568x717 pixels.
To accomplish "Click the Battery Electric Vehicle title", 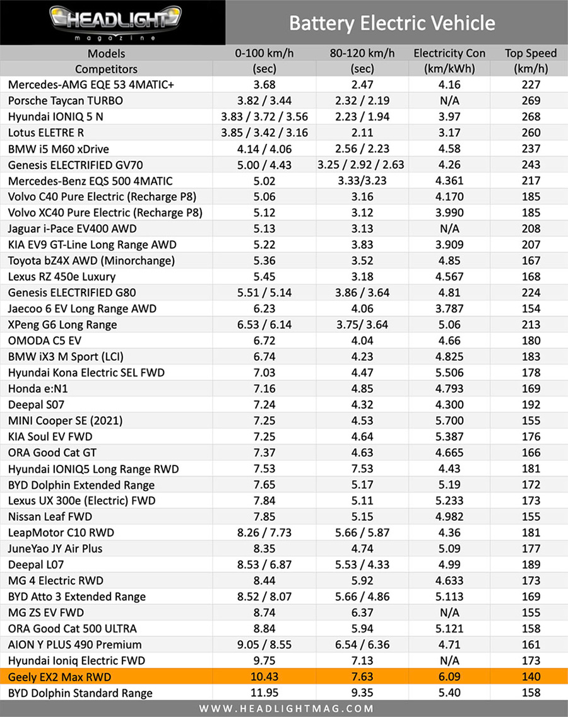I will (392, 23).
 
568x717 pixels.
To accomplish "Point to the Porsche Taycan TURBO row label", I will (66, 100).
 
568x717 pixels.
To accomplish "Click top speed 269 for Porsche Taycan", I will (531, 100).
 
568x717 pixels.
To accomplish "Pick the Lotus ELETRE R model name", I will (46, 132).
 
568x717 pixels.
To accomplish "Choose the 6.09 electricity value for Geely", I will (449, 677).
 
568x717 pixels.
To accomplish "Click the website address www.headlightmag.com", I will (284, 708).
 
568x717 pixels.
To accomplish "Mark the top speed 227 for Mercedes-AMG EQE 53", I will (531, 85).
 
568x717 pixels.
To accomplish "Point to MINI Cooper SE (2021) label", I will (66, 421).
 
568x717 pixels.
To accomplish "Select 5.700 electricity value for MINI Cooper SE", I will (449, 421).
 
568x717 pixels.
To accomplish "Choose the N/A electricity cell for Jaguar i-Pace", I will (449, 229).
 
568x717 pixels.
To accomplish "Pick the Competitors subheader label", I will (106, 69).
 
